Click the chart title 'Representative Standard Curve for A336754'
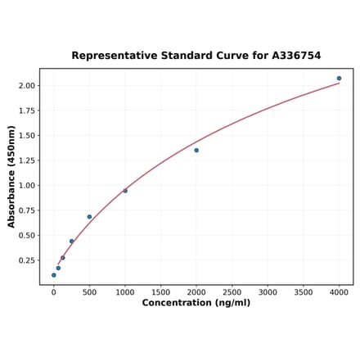196,56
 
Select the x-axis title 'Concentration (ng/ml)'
196,303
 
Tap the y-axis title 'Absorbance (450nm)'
11,177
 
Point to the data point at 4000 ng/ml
339,79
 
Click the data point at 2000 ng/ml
196,151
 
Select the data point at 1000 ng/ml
125,191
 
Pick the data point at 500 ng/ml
89,217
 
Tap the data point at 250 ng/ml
71,241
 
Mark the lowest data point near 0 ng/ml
54,275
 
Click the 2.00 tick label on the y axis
27,86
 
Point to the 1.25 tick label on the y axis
27,160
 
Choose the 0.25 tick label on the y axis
27,260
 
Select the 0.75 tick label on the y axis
27,210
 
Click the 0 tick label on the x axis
54,291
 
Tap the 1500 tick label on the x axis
160,291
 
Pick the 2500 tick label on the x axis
232,291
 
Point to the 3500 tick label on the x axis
303,291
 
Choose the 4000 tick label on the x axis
339,291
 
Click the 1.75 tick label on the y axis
27,111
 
